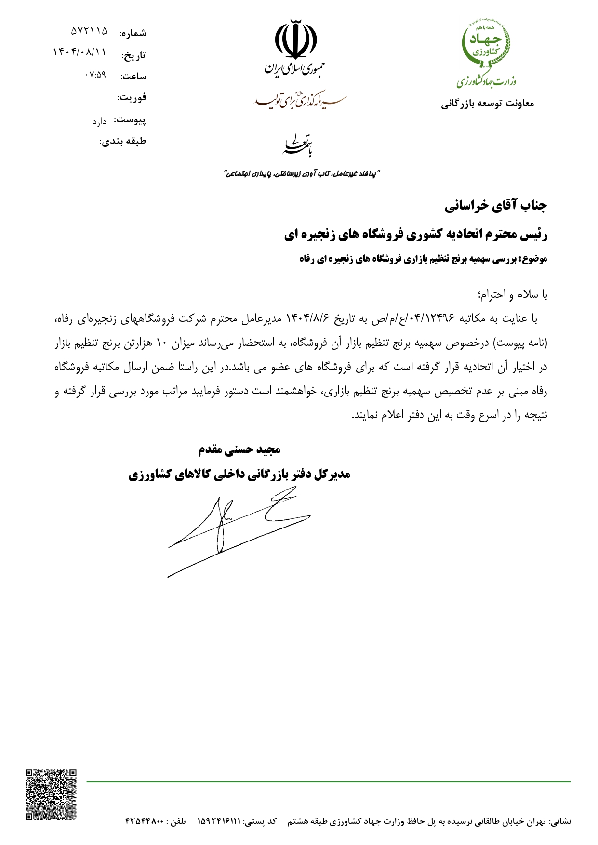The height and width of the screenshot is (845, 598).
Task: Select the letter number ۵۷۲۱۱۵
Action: (89, 31)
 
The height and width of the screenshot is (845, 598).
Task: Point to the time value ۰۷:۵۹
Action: (95, 75)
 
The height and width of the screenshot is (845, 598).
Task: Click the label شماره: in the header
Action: (133, 33)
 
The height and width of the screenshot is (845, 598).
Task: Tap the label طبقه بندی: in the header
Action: (122, 142)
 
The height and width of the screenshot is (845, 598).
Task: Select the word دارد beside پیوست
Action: (99, 121)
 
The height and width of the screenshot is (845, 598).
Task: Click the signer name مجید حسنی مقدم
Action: (239, 450)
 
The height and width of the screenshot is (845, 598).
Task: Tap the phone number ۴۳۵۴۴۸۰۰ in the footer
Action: (145, 820)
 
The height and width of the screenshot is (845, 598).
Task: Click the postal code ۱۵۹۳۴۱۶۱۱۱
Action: (218, 820)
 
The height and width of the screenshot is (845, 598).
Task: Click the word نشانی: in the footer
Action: (560, 820)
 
